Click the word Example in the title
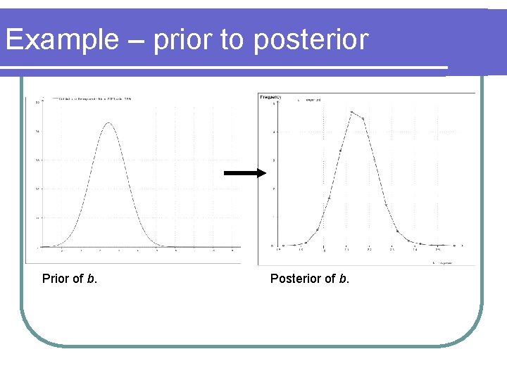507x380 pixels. [x=61, y=40]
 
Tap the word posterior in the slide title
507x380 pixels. [x=311, y=40]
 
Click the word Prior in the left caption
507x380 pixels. [x=57, y=279]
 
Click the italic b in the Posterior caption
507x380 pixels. [x=343, y=279]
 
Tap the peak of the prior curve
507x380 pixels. [x=108, y=123]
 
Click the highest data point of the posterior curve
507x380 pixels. [x=352, y=112]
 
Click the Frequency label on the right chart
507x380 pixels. [x=271, y=96]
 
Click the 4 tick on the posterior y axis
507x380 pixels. [x=274, y=132]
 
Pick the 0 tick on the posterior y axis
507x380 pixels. [x=273, y=246]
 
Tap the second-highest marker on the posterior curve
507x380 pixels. [x=363, y=119]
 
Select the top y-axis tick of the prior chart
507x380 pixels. [x=37, y=103]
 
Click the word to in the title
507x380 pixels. [x=232, y=40]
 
